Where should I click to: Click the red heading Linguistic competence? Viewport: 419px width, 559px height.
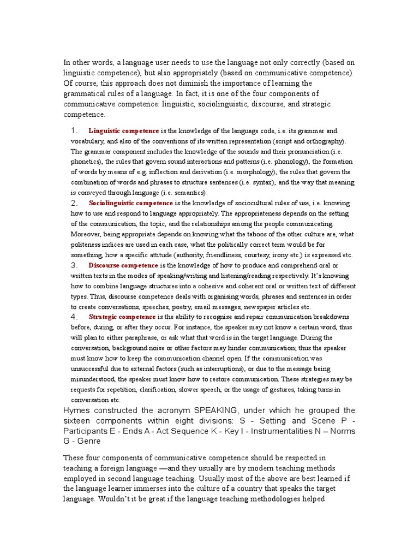[x=124, y=131]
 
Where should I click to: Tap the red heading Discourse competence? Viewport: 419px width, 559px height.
[x=123, y=265]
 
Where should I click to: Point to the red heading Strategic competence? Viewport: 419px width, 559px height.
[x=122, y=317]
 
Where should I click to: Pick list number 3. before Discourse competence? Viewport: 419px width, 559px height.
[x=75, y=265]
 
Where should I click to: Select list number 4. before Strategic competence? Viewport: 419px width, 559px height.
[x=75, y=317]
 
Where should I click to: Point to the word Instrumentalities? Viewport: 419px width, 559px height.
[x=274, y=431]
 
